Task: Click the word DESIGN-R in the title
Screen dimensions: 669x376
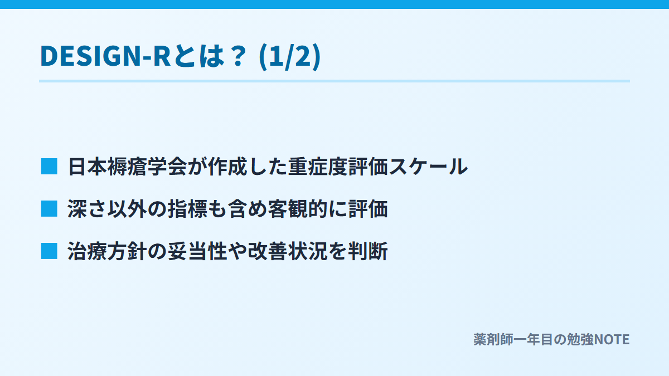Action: (105, 56)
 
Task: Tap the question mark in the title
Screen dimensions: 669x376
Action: (239, 56)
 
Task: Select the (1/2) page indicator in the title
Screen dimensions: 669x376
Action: (290, 57)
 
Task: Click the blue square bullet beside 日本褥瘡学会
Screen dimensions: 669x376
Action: (49, 167)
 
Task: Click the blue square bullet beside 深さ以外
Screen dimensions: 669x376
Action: (49, 208)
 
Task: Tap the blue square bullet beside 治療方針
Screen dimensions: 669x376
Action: (49, 251)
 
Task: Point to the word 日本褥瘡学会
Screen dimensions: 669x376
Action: (128, 167)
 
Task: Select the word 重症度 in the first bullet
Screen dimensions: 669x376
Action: (318, 167)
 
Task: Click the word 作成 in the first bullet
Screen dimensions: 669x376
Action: (227, 167)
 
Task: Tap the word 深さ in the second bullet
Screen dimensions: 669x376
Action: (88, 208)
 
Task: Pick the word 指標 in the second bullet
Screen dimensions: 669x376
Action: (187, 208)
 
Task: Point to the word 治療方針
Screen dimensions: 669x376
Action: (108, 251)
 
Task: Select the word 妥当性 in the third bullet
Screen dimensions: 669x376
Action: (197, 251)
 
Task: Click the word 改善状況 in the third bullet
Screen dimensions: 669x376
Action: (288, 251)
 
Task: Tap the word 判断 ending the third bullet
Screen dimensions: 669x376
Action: (368, 251)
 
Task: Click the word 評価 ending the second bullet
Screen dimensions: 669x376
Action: (368, 208)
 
